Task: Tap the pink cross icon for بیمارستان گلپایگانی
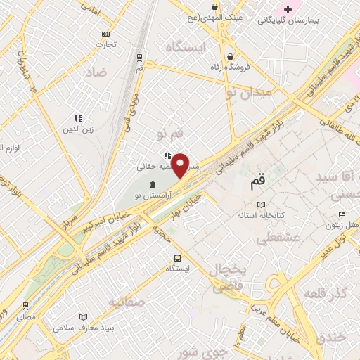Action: tap(288, 9)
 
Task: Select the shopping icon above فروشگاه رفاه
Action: tap(230, 57)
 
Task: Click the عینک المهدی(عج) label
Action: tap(217, 15)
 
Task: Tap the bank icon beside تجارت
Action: tap(105, 34)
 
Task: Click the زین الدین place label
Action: tap(79, 129)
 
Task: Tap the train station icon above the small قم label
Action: tap(140, 57)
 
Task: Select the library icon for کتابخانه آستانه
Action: tap(262, 204)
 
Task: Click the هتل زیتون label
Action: tap(342, 225)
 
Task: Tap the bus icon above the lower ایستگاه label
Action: tap(177, 257)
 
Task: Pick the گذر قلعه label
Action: tap(328, 294)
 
